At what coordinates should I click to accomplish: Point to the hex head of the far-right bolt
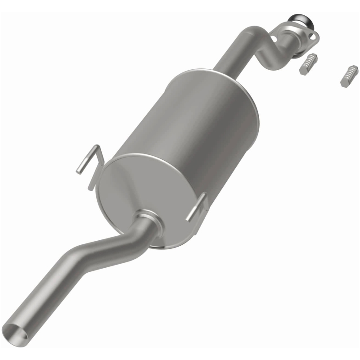click(345, 82)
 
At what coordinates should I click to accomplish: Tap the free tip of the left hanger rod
click(78, 171)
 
